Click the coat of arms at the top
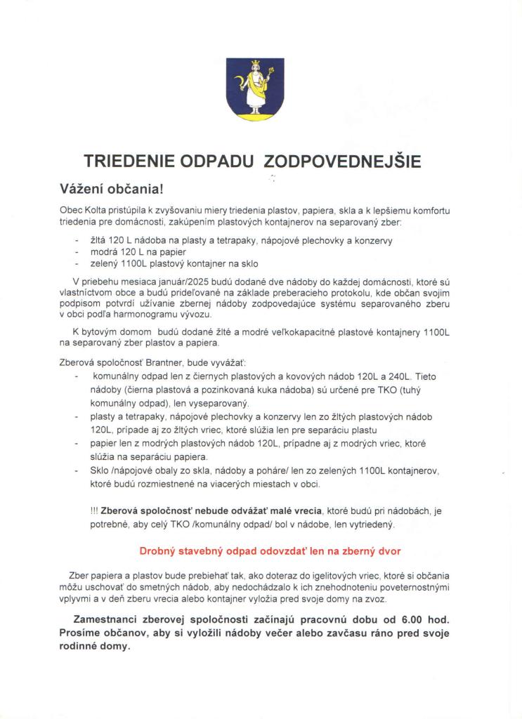255,87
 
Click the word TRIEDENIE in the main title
129,161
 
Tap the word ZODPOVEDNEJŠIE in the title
343,161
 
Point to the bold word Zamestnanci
109,621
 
